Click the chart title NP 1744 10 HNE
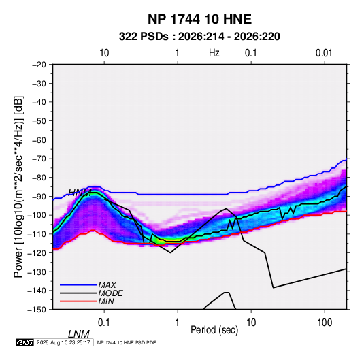pyautogui.click(x=199, y=19)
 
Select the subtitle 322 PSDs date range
pyautogui.click(x=199, y=37)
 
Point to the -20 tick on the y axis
pyautogui.click(x=39, y=65)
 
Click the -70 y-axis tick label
pyautogui.click(x=39, y=159)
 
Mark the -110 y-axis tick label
pyautogui.click(x=37, y=234)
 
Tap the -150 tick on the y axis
pyautogui.click(x=37, y=310)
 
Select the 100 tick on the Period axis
pyautogui.click(x=325, y=323)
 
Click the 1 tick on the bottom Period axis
pyautogui.click(x=178, y=323)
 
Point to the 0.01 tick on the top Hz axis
pyautogui.click(x=324, y=53)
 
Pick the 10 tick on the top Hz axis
pyautogui.click(x=104, y=53)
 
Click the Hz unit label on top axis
pyautogui.click(x=214, y=53)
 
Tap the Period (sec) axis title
pyautogui.click(x=214, y=330)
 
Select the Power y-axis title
pyautogui.click(x=18, y=187)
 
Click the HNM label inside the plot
pyautogui.click(x=80, y=193)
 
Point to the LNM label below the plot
pyautogui.click(x=79, y=334)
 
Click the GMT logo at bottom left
pyautogui.click(x=25, y=342)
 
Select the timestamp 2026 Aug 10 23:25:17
pyautogui.click(x=63, y=342)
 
